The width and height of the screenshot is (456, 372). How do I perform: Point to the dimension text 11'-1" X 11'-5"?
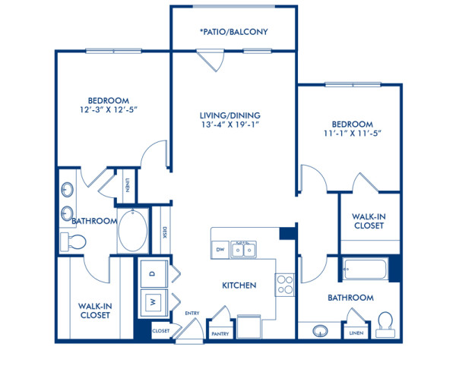[351, 134]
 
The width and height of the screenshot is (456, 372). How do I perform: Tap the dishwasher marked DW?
[220, 248]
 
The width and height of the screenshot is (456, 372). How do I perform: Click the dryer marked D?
[152, 273]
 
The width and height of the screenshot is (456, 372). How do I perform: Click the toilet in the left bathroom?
[74, 241]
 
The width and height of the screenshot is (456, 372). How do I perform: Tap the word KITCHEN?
[239, 285]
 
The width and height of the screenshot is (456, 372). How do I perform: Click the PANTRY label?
[220, 333]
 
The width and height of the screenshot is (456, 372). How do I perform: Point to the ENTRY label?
[192, 313]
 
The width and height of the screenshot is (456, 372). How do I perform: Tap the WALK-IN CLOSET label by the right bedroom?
[369, 221]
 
